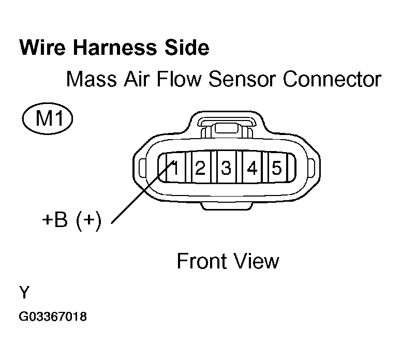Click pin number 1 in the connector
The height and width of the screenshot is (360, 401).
click(x=175, y=168)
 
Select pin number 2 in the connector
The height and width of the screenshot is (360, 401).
click(x=200, y=168)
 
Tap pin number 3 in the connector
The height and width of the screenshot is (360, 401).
click(x=226, y=168)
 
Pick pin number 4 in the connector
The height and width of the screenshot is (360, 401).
click(x=252, y=168)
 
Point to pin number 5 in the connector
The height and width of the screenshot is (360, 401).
click(x=277, y=168)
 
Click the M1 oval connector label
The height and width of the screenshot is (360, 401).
click(x=48, y=118)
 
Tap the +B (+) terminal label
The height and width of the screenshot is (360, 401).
click(x=72, y=220)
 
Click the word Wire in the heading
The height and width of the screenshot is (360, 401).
click(x=42, y=48)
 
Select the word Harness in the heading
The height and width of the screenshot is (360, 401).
click(x=115, y=48)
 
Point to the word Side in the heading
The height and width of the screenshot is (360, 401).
click(x=187, y=48)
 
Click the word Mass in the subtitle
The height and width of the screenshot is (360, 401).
click(x=92, y=79)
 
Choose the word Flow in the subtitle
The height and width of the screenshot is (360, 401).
click(x=179, y=79)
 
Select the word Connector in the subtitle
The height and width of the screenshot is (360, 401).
click(x=332, y=79)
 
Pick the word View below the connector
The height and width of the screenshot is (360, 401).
click(x=256, y=261)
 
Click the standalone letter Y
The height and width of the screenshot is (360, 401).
click(x=24, y=292)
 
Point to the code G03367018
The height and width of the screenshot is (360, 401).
click(x=53, y=317)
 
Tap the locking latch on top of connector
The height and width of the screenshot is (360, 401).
click(x=227, y=127)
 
